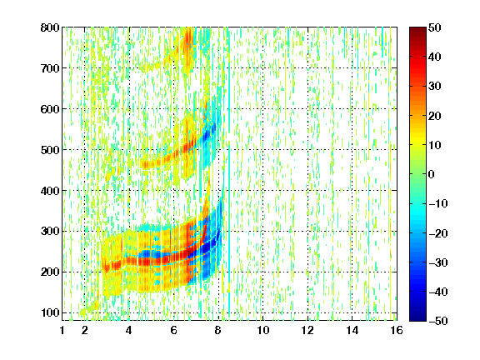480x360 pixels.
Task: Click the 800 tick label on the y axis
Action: (x=50, y=27)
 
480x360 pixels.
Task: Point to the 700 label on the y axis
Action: (x=50, y=68)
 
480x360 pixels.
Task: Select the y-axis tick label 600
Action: (x=50, y=109)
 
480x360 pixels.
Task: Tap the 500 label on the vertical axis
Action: (x=50, y=150)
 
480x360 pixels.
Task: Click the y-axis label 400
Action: (x=50, y=191)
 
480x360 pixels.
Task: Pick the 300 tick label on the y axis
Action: (x=50, y=231)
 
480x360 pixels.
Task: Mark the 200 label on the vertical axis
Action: (x=50, y=272)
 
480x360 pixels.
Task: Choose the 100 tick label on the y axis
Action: (x=50, y=312)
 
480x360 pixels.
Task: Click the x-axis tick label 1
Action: (x=62, y=330)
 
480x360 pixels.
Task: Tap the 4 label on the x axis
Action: (x=129, y=330)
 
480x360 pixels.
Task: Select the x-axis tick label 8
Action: (x=218, y=330)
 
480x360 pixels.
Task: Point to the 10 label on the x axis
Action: (x=263, y=330)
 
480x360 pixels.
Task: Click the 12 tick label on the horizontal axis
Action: (x=307, y=330)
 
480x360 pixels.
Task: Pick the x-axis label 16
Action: (x=397, y=330)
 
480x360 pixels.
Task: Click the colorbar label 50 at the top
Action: (x=434, y=27)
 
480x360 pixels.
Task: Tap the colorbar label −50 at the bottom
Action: (x=438, y=321)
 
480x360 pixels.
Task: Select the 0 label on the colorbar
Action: (x=431, y=174)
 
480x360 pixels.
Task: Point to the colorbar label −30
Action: (x=438, y=262)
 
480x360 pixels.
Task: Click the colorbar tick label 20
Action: (x=434, y=116)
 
